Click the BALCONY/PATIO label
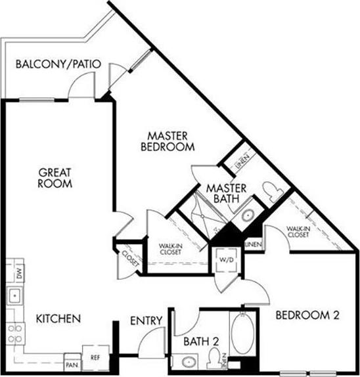click(58, 64)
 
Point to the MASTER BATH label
click(226, 194)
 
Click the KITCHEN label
click(58, 319)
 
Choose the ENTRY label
click(146, 321)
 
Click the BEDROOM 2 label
click(307, 315)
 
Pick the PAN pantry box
click(72, 363)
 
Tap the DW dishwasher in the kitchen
click(19, 274)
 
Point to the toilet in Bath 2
click(214, 358)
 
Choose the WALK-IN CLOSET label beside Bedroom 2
click(298, 231)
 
